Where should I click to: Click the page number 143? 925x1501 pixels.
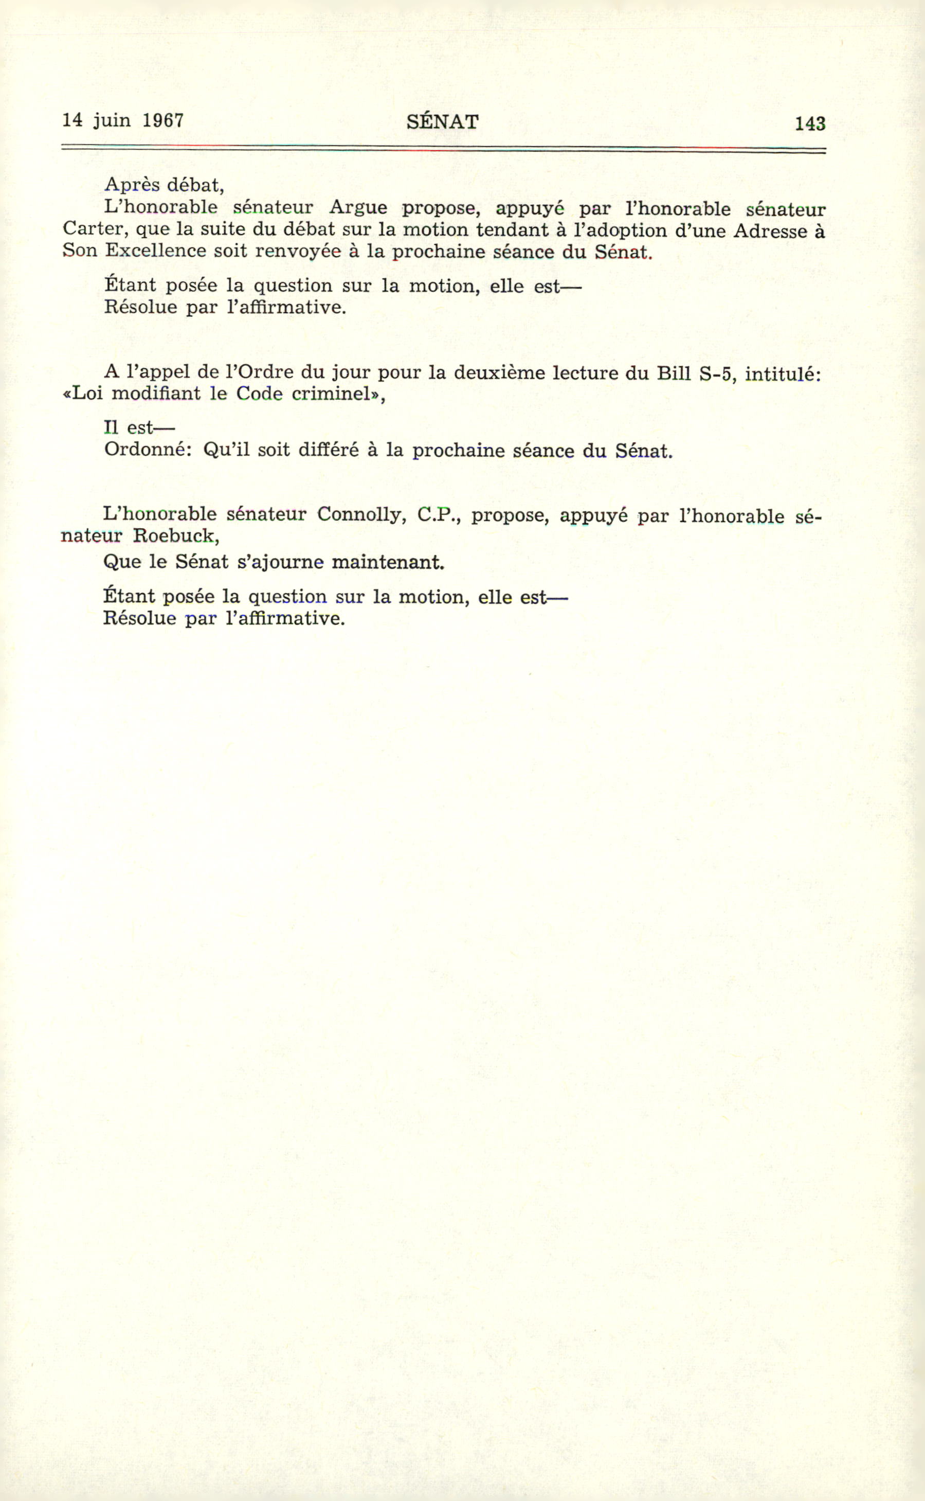810,123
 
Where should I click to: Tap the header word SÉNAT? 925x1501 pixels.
442,122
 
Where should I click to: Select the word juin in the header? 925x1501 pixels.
112,120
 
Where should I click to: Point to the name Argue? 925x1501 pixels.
358,207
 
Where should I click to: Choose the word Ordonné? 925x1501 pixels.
144,450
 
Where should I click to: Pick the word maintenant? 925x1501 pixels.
387,562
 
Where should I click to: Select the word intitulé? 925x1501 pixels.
782,373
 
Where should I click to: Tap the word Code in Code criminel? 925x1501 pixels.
259,394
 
